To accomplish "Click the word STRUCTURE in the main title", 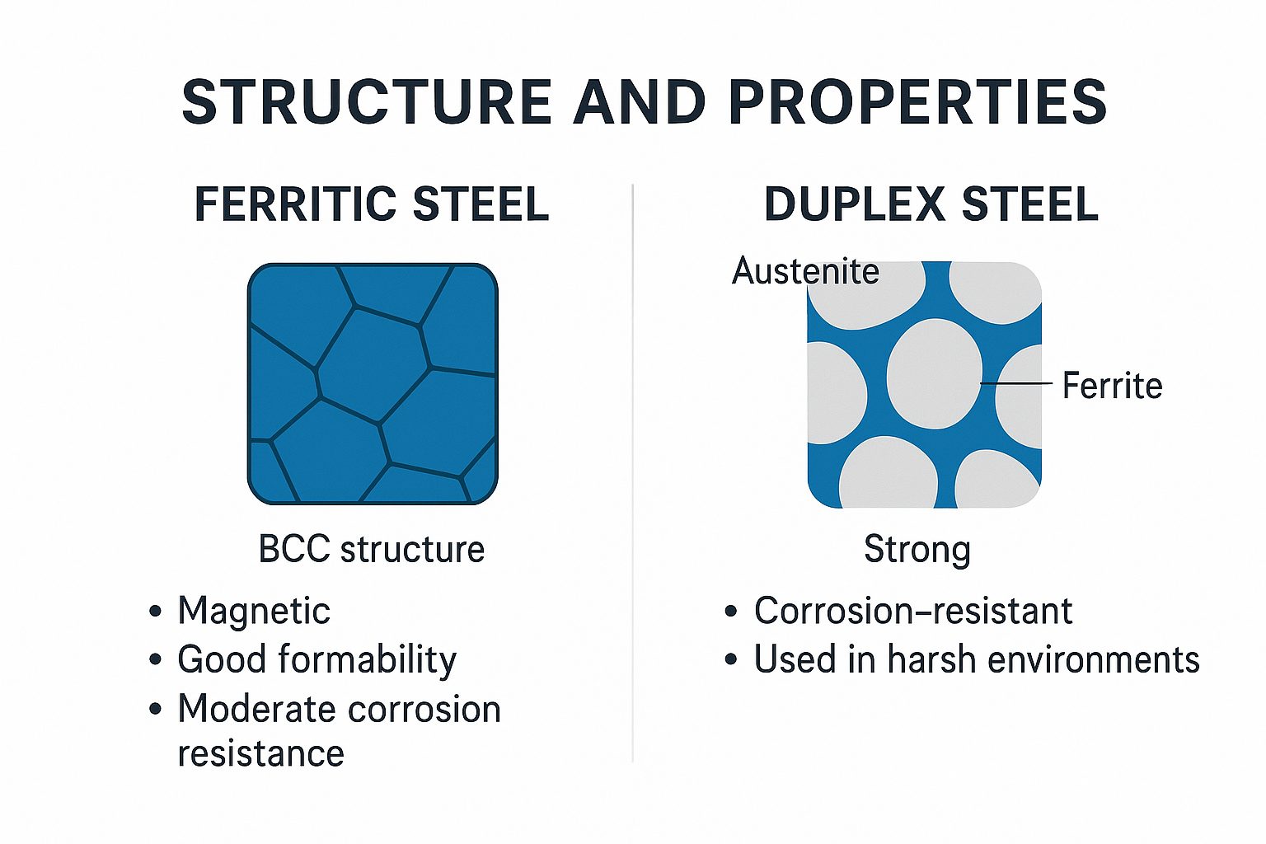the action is pos(366,101).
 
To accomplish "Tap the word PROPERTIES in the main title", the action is pos(918,101).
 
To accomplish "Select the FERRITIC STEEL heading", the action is pos(372,204).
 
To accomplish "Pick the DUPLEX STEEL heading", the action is pos(931,204).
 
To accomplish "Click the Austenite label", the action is pos(805,271).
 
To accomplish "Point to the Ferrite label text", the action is pos(1112,386).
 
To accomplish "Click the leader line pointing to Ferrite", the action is pos(1016,383).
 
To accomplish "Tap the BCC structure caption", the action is pos(372,549).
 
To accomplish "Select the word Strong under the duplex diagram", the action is pos(917,550).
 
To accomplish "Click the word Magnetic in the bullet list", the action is pos(254,611).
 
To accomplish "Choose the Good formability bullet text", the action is pos(316,660).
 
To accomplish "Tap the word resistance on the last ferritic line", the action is pos(260,753).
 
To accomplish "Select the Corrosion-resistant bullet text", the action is pos(912,611).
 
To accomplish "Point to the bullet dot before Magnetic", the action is pos(156,612).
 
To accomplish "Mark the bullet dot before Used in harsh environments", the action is pos(731,659).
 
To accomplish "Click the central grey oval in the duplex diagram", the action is pos(934,373).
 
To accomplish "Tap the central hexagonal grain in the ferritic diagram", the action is pos(372,364).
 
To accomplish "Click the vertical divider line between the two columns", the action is pos(632,473).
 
